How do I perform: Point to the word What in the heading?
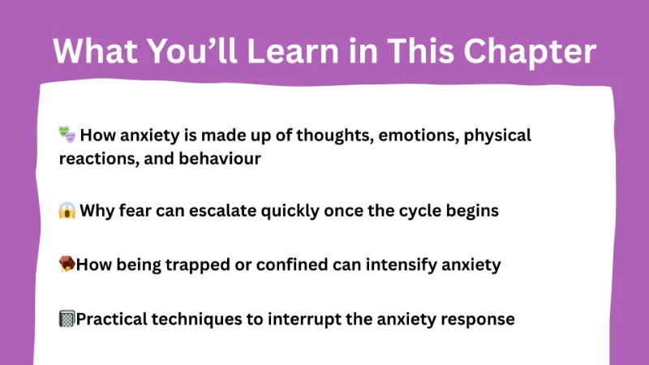tap(89, 51)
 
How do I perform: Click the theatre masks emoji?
tap(67, 135)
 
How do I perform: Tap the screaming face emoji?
tap(67, 211)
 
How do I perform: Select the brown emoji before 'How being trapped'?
tap(67, 264)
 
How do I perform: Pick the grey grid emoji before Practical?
tap(67, 319)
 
